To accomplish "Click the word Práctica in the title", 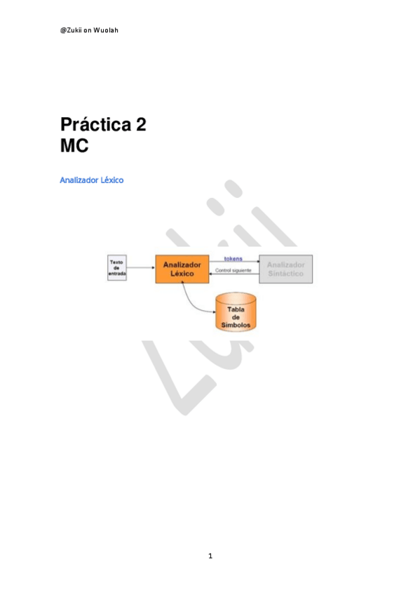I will coord(95,126).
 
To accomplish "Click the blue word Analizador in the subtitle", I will coord(79,180).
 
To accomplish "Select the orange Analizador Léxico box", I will coord(182,269).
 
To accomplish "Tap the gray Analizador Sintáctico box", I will coord(285,269).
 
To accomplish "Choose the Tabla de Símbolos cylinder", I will coord(236,312).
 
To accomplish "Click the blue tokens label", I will coord(233,258).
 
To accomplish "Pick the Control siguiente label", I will coord(233,270).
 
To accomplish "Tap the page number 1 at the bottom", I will coord(210,556).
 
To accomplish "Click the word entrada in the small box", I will coord(117,274).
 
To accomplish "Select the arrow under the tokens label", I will coord(234,262).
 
